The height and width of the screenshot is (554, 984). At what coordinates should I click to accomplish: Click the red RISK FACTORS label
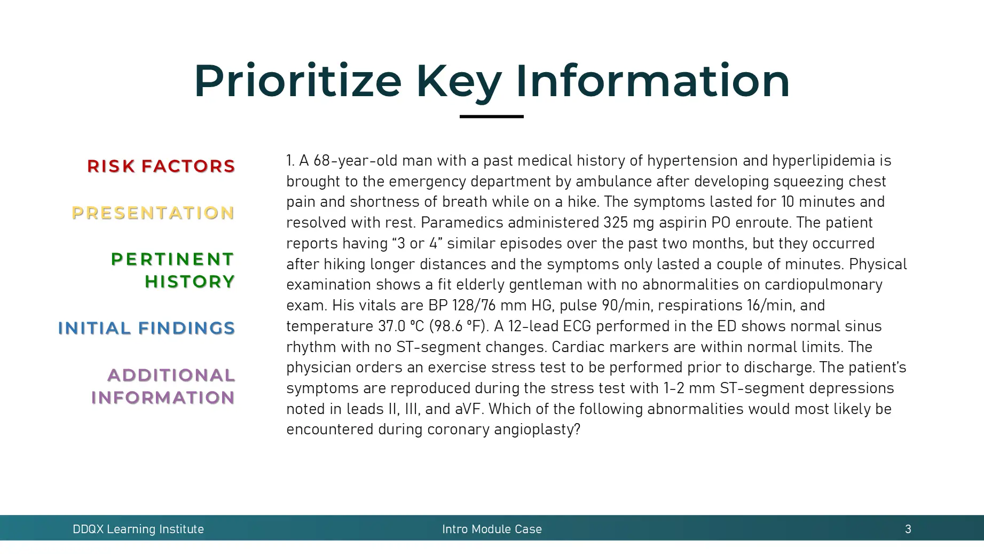pyautogui.click(x=161, y=166)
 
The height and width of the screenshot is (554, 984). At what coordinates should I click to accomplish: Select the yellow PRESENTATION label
pyautogui.click(x=153, y=213)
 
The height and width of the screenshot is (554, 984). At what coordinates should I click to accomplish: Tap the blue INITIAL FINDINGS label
pyautogui.click(x=146, y=328)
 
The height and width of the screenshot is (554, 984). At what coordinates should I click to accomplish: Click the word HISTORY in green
pyautogui.click(x=190, y=282)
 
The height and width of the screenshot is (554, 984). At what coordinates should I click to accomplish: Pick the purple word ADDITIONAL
pyautogui.click(x=171, y=375)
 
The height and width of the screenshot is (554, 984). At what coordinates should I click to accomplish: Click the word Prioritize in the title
pyautogui.click(x=297, y=81)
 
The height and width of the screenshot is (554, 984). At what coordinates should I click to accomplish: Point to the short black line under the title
pyautogui.click(x=491, y=116)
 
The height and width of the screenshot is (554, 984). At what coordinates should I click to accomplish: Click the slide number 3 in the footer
pyautogui.click(x=908, y=529)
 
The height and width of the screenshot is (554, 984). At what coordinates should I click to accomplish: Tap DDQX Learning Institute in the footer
pyautogui.click(x=138, y=529)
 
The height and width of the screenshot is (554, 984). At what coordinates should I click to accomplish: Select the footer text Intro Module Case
pyautogui.click(x=491, y=529)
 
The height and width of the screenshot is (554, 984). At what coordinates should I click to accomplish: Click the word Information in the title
pyautogui.click(x=652, y=81)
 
